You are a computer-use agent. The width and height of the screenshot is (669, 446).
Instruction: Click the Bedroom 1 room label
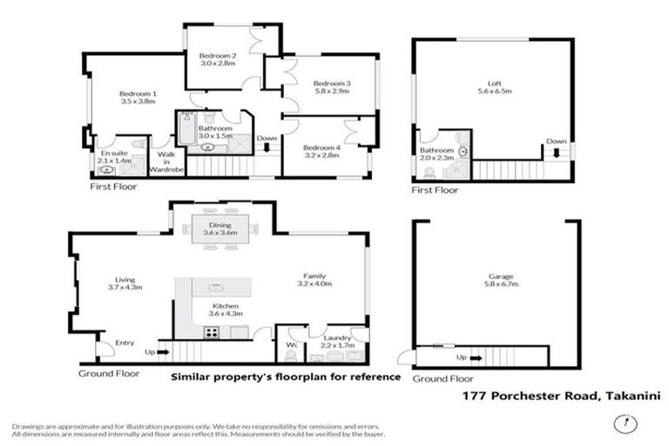pyautogui.click(x=137, y=93)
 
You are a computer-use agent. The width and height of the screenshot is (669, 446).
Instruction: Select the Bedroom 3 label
pyautogui.click(x=331, y=83)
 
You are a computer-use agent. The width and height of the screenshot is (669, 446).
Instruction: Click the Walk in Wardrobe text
pyautogui.click(x=167, y=161)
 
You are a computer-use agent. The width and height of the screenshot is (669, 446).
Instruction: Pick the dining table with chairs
pyautogui.click(x=220, y=233)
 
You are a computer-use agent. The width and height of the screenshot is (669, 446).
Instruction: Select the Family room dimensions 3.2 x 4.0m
pyautogui.click(x=316, y=283)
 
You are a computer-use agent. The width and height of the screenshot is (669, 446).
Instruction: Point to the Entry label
pyautogui.click(x=125, y=342)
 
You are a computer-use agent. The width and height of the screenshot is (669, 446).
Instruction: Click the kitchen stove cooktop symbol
pyautogui.click(x=211, y=331)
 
